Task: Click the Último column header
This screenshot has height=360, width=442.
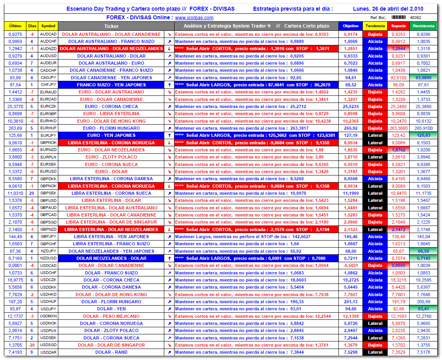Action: (15, 26)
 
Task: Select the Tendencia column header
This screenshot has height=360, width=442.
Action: (375, 26)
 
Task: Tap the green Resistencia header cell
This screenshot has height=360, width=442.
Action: (423, 26)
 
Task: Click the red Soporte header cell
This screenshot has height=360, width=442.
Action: (398, 26)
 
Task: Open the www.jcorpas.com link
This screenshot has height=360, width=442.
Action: (194, 18)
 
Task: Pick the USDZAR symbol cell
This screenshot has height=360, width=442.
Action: (48, 352)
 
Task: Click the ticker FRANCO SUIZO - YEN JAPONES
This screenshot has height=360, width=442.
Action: (111, 85)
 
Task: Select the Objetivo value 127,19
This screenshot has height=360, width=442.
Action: (351, 135)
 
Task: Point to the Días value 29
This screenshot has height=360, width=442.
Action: (32, 193)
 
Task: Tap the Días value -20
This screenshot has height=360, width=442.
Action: (32, 345)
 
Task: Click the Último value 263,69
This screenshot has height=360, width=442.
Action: (15, 128)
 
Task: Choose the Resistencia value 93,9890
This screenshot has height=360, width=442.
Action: (423, 78)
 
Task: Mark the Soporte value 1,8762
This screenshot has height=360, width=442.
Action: (398, 150)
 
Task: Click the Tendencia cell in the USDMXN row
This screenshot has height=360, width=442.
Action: (375, 316)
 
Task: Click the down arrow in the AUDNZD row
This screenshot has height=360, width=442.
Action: (169, 49)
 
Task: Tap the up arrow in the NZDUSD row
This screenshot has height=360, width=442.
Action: (169, 258)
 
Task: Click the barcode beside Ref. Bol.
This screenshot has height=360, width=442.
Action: (398, 18)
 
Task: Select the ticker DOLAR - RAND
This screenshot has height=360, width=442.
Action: (111, 352)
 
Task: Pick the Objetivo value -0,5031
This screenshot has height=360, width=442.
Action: (351, 265)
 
